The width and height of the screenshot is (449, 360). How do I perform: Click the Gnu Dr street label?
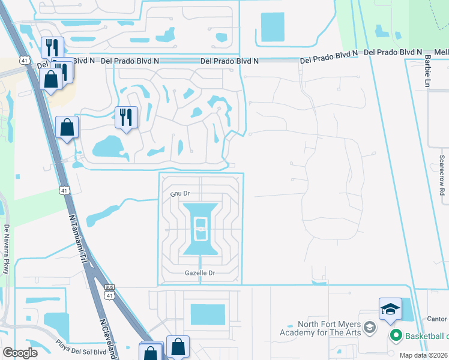click(x=180, y=194)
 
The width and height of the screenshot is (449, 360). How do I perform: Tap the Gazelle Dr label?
click(x=200, y=273)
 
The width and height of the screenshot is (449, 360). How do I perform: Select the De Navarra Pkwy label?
click(x=6, y=249)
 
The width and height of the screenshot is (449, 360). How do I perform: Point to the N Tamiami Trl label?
click(x=75, y=237)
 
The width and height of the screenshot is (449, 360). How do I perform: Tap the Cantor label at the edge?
click(x=439, y=319)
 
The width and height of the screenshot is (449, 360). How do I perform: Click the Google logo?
click(x=20, y=353)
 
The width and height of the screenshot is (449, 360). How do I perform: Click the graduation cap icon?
click(x=390, y=310)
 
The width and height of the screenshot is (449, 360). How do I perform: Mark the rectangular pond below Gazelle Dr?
click(x=208, y=313)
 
